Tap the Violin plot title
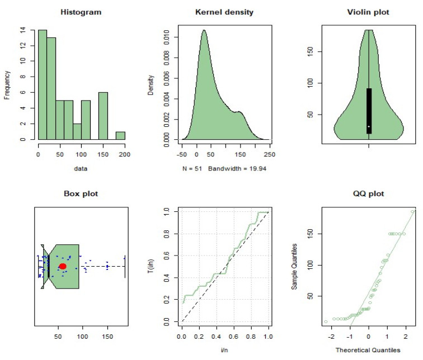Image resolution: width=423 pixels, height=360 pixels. pos(369,12)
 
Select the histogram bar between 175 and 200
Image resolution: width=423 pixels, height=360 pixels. pos(120,135)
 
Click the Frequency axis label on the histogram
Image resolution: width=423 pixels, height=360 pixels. pos(7,84)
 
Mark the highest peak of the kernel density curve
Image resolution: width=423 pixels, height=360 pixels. pos(204,30)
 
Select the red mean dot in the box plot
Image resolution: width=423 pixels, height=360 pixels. pos(63,267)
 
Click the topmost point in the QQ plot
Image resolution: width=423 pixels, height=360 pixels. pos(413,211)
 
